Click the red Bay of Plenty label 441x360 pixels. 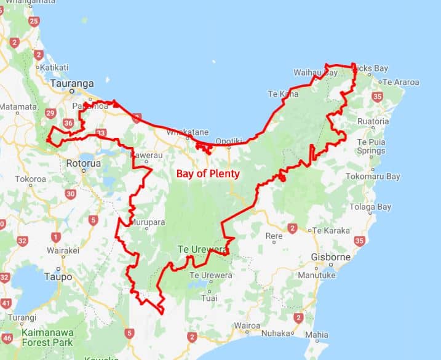(208, 174)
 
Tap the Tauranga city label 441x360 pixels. (73, 83)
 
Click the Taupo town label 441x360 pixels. (58, 277)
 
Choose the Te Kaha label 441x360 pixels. (283, 94)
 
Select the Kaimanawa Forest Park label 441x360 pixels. (47, 337)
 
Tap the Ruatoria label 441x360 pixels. (373, 121)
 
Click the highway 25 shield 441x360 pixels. (34, 22)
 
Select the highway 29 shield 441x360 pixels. (50, 113)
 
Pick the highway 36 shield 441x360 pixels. (68, 124)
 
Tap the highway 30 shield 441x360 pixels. (70, 194)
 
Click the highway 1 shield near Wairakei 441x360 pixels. (56, 237)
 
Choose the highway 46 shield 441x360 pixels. (7, 338)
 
